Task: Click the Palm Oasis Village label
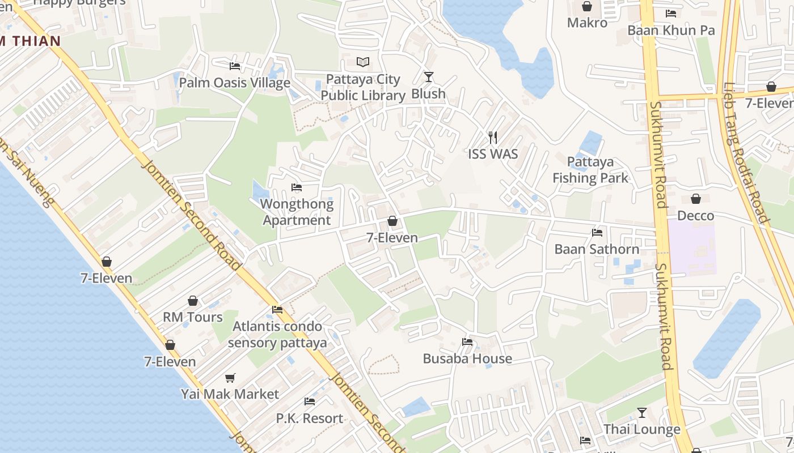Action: [x=234, y=83]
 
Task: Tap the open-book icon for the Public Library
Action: [x=363, y=62]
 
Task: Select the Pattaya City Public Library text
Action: [x=363, y=87]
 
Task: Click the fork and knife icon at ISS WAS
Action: [x=493, y=137]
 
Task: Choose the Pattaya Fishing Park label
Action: [x=590, y=170]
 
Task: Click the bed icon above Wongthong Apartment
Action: [x=296, y=187]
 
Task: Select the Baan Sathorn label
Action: [x=597, y=249]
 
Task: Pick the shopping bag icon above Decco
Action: [x=696, y=199]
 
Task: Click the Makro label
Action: [x=587, y=23]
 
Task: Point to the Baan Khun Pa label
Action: [x=671, y=30]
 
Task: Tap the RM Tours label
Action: [x=193, y=317]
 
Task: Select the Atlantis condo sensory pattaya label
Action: [x=277, y=334]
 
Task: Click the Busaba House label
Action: [x=467, y=358]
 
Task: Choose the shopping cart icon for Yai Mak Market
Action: [x=230, y=378]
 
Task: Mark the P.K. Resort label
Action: [x=310, y=418]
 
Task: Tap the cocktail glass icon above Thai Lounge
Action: [x=641, y=412]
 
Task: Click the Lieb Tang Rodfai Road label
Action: [x=745, y=153]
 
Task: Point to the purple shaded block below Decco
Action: [x=692, y=249]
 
